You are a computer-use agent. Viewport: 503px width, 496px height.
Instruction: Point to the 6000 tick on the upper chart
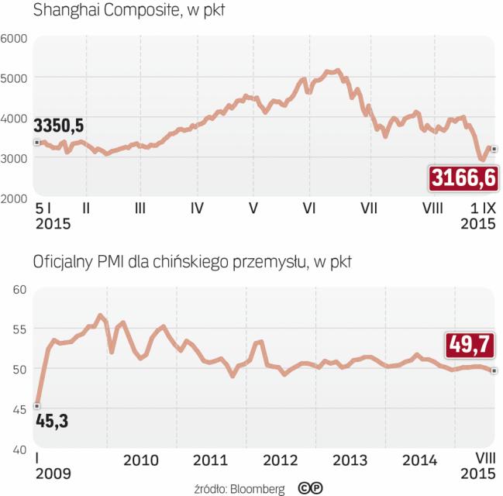click(15, 38)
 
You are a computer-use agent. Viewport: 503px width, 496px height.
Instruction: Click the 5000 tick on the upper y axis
click(15, 77)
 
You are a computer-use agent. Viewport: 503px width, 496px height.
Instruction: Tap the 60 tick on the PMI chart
click(19, 289)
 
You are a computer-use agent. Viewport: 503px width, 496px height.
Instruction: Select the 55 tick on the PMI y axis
click(19, 329)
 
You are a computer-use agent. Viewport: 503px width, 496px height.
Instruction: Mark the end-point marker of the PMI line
click(494, 370)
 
